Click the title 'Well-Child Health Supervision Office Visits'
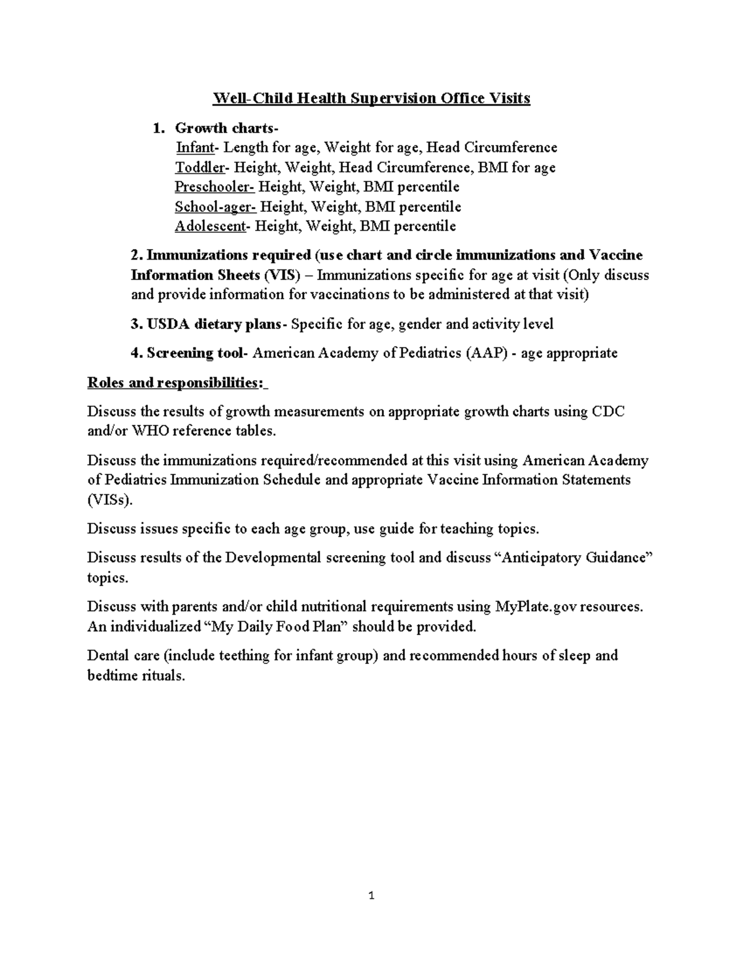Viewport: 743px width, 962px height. coord(371,98)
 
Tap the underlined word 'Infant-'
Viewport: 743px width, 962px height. coord(198,147)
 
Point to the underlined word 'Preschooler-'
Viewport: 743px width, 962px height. coord(214,186)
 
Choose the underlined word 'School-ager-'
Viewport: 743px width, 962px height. coord(215,206)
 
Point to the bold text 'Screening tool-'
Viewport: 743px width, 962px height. coord(198,353)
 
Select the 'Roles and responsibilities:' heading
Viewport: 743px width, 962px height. coord(177,383)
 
